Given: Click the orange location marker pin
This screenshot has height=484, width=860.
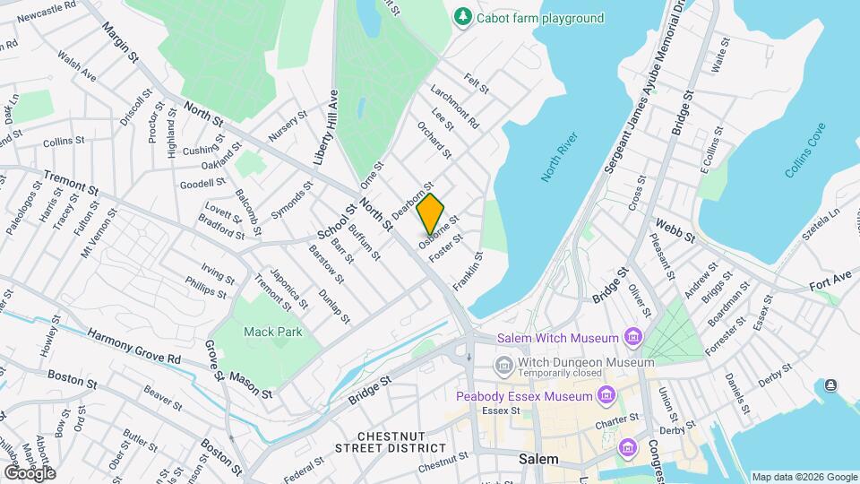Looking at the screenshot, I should click(430, 213).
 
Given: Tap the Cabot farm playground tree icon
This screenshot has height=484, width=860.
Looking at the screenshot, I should click(462, 17).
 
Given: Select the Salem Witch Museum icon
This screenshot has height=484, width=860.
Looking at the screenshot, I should click(634, 338).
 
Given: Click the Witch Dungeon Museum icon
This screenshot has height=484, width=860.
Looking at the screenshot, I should click(503, 364).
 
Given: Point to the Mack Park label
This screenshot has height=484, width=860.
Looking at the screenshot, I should click(273, 332).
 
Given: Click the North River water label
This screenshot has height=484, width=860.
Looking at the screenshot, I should click(560, 158).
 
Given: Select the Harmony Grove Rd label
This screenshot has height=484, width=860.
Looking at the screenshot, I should click(134, 345).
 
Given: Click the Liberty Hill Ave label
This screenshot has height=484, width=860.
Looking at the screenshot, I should click(325, 126).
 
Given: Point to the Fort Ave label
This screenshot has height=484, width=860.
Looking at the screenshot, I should click(830, 280).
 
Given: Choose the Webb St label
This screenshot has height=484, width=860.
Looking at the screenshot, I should click(675, 229).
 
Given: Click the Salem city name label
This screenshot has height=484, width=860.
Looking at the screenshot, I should click(539, 459).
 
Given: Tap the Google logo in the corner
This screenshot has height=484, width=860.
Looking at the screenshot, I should click(30, 472).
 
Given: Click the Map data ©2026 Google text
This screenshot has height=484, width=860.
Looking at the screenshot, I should click(804, 477).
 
